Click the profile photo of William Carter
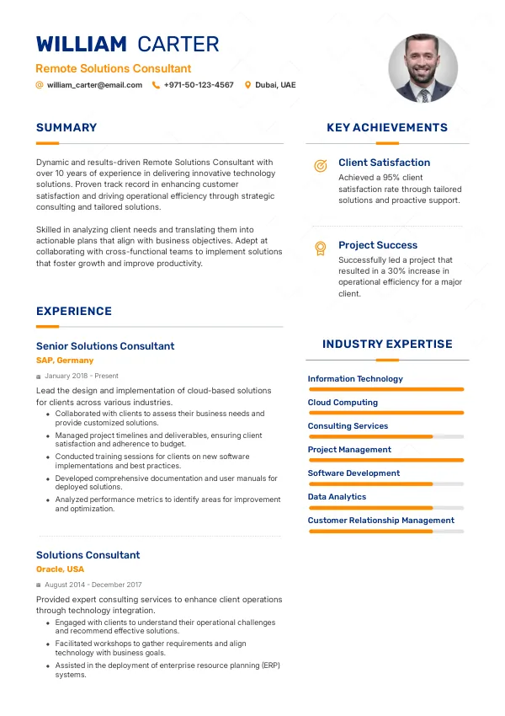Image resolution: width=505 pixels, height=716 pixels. click(423, 68)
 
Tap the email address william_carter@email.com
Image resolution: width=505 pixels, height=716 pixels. click(94, 85)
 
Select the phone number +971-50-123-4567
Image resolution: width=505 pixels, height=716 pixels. click(199, 85)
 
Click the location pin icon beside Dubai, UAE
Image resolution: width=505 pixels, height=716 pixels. click(247, 85)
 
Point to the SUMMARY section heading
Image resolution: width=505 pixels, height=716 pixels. click(66, 128)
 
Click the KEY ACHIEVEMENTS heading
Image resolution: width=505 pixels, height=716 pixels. click(387, 128)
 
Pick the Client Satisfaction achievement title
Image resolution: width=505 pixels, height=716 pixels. click(384, 163)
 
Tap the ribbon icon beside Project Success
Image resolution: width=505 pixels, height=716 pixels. click(320, 248)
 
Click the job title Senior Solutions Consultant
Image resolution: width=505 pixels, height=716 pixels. click(105, 346)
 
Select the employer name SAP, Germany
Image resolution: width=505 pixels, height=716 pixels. click(65, 361)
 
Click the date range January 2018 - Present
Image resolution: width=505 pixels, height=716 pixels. click(82, 376)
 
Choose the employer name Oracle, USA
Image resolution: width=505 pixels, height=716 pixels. click(60, 569)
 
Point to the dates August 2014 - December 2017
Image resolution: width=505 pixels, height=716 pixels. click(93, 585)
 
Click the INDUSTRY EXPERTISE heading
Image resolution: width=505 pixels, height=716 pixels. click(387, 344)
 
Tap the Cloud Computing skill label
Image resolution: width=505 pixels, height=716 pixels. click(343, 403)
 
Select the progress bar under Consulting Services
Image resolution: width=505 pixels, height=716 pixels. click(385, 436)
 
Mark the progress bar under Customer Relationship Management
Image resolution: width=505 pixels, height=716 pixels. click(385, 532)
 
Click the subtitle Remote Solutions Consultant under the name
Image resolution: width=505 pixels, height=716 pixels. click(114, 69)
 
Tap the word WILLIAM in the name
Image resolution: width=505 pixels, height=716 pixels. click(81, 45)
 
